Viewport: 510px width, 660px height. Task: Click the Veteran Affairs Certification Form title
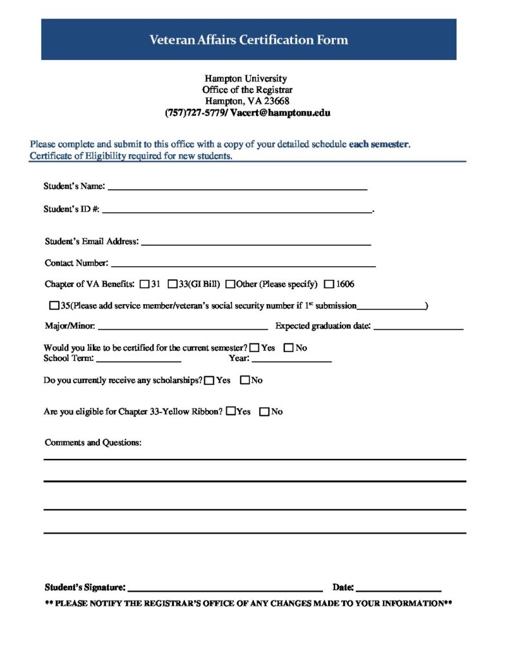coord(248,40)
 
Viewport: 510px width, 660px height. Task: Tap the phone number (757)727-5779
coord(193,112)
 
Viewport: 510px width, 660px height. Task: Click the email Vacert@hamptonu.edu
coord(280,112)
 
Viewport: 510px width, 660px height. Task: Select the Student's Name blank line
coord(237,187)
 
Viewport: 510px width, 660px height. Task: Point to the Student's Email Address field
coord(255,242)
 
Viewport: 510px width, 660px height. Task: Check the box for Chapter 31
coord(144,284)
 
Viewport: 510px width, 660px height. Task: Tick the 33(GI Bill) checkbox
coord(173,284)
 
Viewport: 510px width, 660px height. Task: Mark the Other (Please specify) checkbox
coord(230,284)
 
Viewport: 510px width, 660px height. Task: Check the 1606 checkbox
coord(329,284)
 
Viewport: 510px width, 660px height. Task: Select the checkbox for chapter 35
coord(54,306)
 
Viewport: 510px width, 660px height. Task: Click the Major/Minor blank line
coord(182,327)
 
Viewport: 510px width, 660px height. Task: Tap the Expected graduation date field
coord(418,327)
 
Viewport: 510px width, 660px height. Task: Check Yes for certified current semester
coord(255,348)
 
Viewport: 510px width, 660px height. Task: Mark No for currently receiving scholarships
coord(245,380)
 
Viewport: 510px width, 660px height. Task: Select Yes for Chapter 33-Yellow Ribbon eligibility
coord(231,412)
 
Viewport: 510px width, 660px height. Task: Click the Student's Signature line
coord(225,588)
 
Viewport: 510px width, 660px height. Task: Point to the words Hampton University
coord(246,79)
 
